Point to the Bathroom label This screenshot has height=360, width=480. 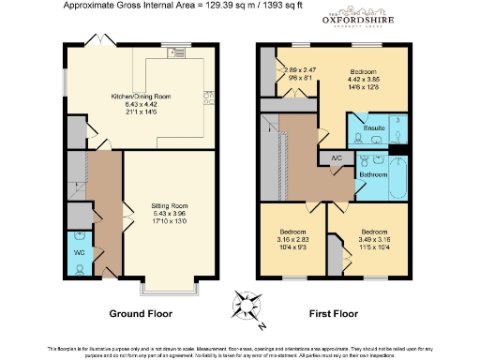point(373,173)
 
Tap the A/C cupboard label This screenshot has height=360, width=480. point(336,159)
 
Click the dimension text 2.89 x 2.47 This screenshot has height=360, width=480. point(299,70)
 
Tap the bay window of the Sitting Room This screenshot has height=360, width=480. point(169,285)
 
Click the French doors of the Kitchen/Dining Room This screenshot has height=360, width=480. point(96,42)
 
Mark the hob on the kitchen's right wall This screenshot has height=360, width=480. point(207,94)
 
